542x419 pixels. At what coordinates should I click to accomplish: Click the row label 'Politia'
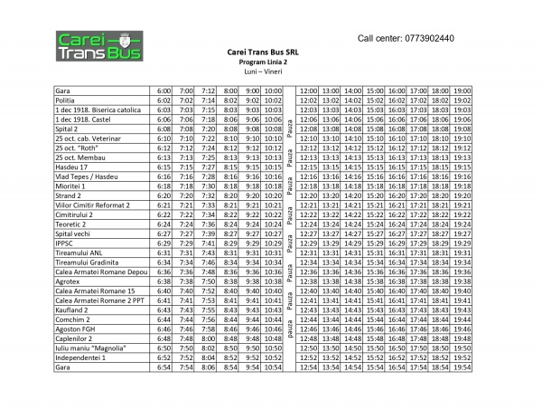[x=68, y=100]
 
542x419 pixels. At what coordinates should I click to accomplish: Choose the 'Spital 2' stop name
[x=69, y=129]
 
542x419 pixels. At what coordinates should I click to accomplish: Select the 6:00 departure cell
[x=164, y=91]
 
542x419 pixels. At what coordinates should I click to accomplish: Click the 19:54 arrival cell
[x=462, y=367]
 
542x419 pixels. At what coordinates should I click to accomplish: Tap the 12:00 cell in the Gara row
[x=308, y=91]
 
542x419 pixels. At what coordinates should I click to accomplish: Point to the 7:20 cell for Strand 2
[x=186, y=195]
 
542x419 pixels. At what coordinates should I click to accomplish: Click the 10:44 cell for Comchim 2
[x=273, y=319]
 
